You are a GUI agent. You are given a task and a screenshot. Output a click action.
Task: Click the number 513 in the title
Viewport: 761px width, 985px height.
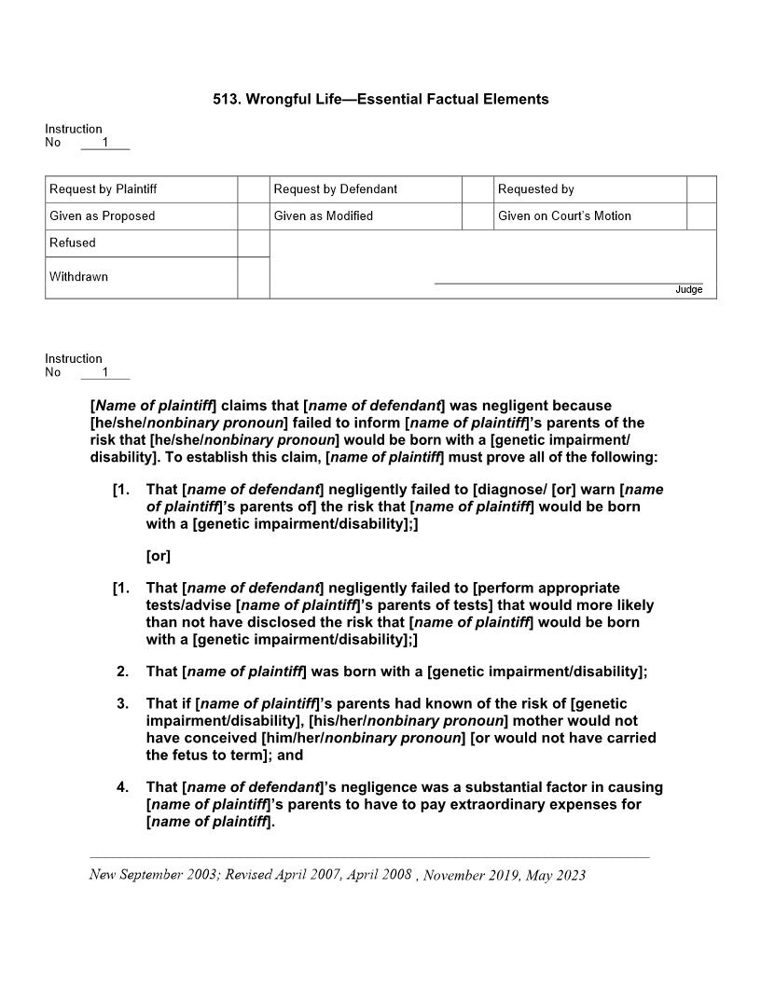pos(225,99)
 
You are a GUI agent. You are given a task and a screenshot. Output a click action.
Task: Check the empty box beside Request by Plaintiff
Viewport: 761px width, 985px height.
pos(253,189)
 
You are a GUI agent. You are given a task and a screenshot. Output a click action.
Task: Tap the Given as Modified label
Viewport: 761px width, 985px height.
pos(324,216)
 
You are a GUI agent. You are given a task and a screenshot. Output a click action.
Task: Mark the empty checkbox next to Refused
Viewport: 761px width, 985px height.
pos(253,243)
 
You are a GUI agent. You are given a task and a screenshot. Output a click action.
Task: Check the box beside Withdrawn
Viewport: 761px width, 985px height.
pos(253,278)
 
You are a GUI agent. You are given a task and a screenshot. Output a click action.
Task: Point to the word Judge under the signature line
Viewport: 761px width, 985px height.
pos(688,290)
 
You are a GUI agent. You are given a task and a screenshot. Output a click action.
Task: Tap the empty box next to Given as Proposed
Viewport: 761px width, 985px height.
pos(253,216)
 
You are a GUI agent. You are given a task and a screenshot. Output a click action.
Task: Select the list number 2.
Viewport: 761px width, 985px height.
pos(122,672)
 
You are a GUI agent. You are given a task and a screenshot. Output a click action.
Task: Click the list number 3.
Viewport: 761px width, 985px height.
pos(122,703)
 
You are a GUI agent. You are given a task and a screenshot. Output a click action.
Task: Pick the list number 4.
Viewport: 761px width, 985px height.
pos(122,787)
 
